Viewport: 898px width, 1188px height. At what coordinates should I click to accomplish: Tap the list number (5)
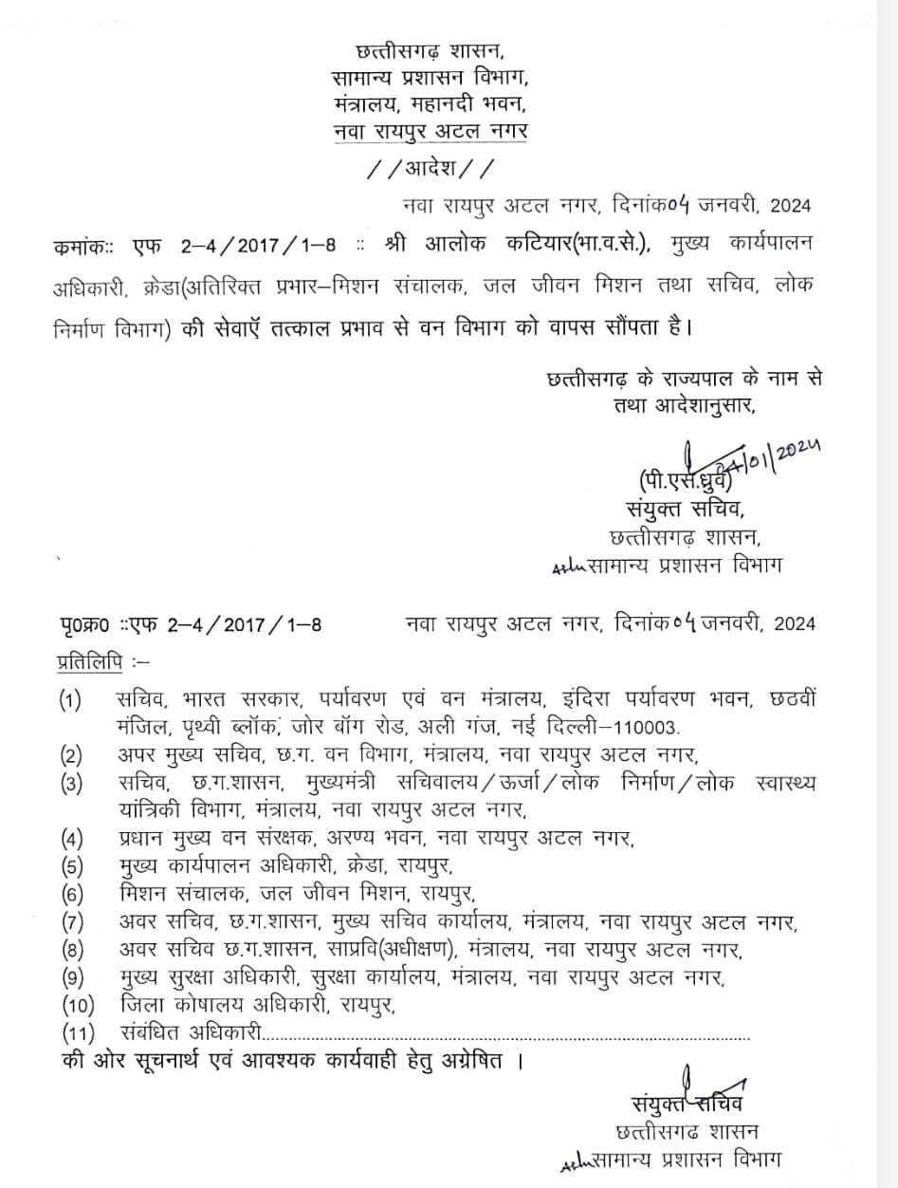click(72, 865)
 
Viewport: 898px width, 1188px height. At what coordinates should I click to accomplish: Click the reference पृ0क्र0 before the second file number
click(84, 623)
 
